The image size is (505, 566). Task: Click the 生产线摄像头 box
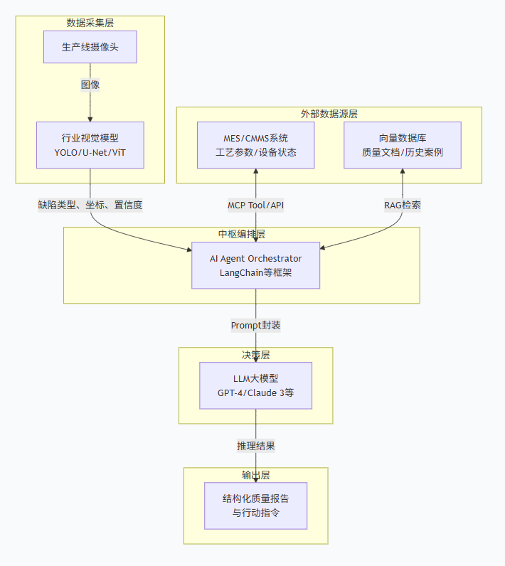coord(90,48)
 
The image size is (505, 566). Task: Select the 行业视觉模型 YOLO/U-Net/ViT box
coord(90,145)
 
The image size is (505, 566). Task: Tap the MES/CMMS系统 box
coord(255,145)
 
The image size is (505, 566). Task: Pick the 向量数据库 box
coord(403,145)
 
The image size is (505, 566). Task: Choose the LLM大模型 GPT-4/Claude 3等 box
coord(255,385)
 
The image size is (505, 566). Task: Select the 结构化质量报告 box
coord(255,506)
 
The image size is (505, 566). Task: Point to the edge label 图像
coord(90,85)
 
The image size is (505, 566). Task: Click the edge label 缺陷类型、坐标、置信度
coord(90,205)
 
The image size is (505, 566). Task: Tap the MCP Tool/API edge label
coord(255,205)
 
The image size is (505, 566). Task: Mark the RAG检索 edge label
coord(403,205)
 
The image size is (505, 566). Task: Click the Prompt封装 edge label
coord(255,325)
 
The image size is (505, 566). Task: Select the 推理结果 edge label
coord(255,446)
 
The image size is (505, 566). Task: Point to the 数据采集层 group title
coord(90,23)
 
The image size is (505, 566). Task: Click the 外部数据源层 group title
coord(329,114)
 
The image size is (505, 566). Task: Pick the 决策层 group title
coord(255,354)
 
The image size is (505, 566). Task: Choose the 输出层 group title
coord(255,474)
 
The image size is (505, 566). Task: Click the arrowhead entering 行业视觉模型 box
coord(90,119)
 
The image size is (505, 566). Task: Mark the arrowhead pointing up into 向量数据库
coord(403,172)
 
